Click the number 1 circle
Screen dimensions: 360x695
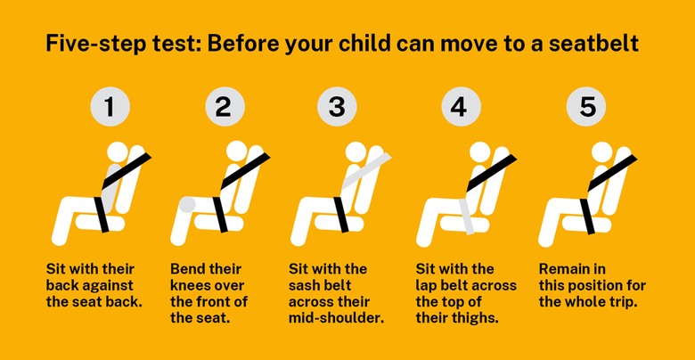tap(110, 107)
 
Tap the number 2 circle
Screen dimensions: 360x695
tap(224, 107)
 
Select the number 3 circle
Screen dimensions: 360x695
tap(337, 107)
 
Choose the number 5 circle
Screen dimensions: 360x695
tap(587, 107)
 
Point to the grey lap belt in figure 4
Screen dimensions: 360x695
tap(466, 217)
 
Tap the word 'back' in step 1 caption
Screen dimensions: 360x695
tap(63, 285)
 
